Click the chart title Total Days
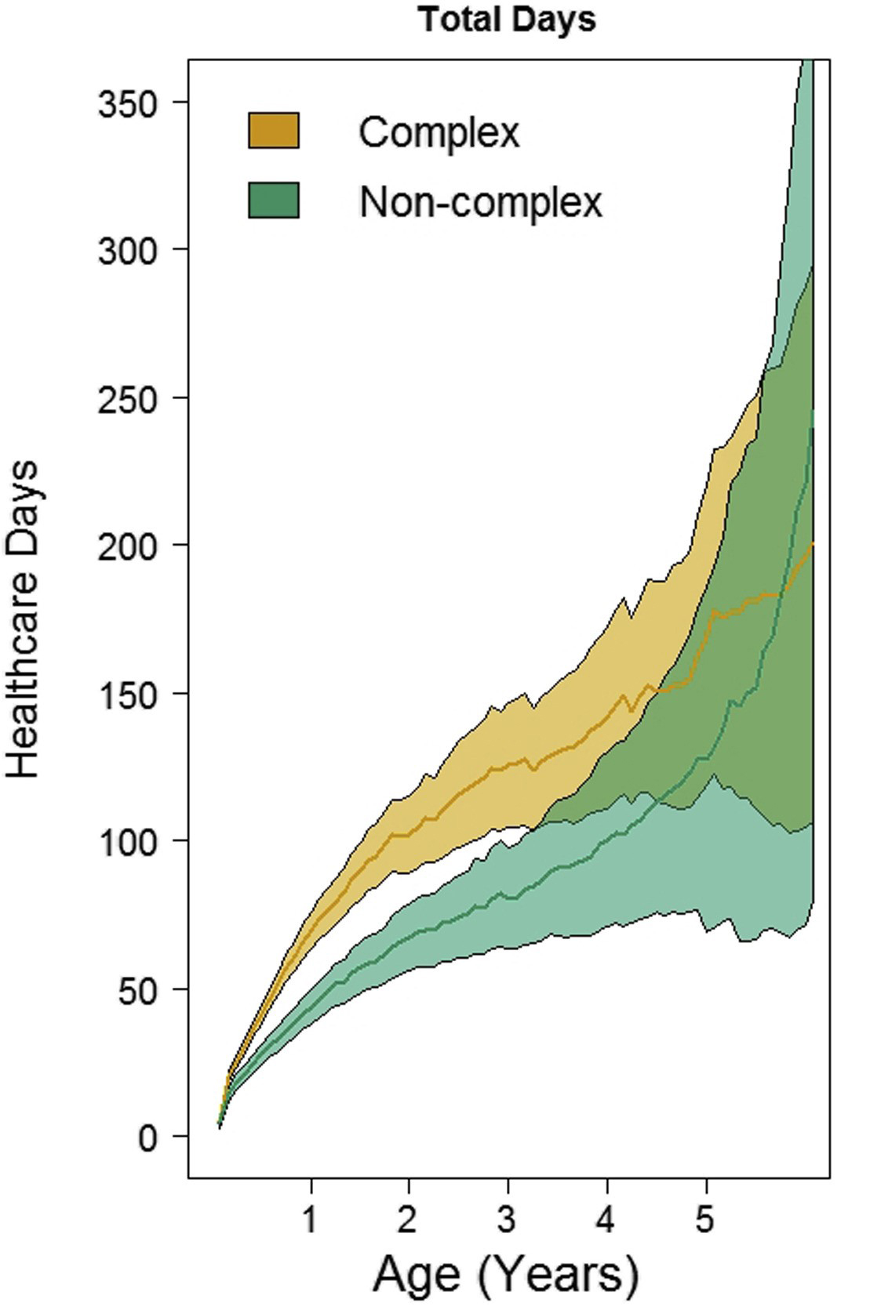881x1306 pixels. tap(508, 20)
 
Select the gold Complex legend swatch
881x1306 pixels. tap(274, 130)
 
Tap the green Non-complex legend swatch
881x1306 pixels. tap(274, 200)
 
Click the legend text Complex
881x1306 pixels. tap(439, 132)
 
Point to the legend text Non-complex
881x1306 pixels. tap(480, 201)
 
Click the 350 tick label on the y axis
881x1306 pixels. tap(132, 103)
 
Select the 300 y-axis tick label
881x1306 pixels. tap(132, 250)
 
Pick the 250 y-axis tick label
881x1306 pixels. tap(132, 398)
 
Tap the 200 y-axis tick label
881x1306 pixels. tap(132, 546)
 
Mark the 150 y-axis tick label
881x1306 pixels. tap(132, 694)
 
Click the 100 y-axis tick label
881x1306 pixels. tap(132, 841)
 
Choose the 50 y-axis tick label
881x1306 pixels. tap(142, 989)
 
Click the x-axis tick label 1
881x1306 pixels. tap(311, 1219)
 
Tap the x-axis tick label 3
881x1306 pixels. tap(508, 1219)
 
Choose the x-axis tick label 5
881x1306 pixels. tap(705, 1219)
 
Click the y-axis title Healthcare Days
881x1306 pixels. tap(24, 619)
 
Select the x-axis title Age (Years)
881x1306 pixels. tap(506, 1275)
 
